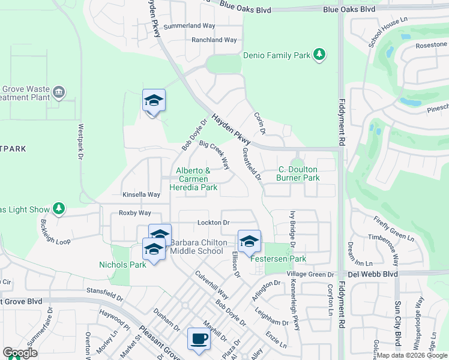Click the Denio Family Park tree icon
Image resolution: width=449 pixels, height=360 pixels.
320,55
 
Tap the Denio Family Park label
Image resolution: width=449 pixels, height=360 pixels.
276,55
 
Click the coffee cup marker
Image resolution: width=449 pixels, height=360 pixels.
199,339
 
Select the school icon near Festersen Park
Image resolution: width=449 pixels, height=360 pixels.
249,241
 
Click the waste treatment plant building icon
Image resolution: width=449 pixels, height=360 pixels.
58,92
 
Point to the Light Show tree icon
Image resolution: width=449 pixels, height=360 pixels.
58,209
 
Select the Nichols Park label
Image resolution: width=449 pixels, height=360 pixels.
122,264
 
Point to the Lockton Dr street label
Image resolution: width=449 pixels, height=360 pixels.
214,223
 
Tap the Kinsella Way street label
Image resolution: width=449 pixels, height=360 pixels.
142,194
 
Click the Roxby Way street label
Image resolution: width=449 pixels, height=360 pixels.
135,212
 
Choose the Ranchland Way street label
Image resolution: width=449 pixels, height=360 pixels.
214,40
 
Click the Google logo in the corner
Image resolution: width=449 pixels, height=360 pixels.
20,353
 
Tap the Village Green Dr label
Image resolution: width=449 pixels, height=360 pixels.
312,274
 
